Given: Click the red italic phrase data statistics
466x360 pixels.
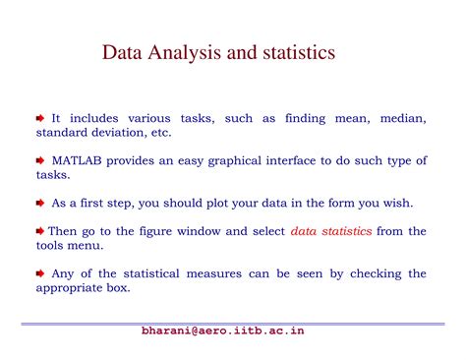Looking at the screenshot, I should [331, 231].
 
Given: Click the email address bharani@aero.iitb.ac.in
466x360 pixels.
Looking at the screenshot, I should [222, 331].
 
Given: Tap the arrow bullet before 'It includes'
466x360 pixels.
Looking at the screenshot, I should [40, 118].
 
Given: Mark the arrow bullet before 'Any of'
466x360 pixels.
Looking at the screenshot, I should [40, 273].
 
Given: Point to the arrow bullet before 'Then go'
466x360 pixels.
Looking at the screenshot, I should [40, 231].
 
